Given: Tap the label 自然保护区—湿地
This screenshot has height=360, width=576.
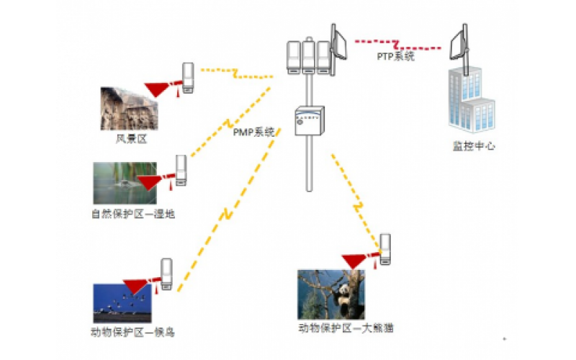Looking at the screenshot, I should pos(133,214).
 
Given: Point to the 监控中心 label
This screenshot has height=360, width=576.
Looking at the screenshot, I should pos(474,146).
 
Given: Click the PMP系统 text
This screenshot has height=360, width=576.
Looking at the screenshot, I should pos(253,132).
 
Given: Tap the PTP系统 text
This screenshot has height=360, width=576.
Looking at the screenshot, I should pos(396,56).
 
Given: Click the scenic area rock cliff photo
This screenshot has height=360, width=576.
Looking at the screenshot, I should pos(130,109).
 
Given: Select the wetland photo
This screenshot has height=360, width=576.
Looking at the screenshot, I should pos(124,183).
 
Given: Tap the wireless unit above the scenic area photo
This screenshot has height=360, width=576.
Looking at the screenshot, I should pos(189,77).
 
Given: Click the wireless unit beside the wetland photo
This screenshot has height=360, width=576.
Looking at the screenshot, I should pos(181,171).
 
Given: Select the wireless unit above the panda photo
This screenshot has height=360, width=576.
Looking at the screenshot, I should pos(386,249).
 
